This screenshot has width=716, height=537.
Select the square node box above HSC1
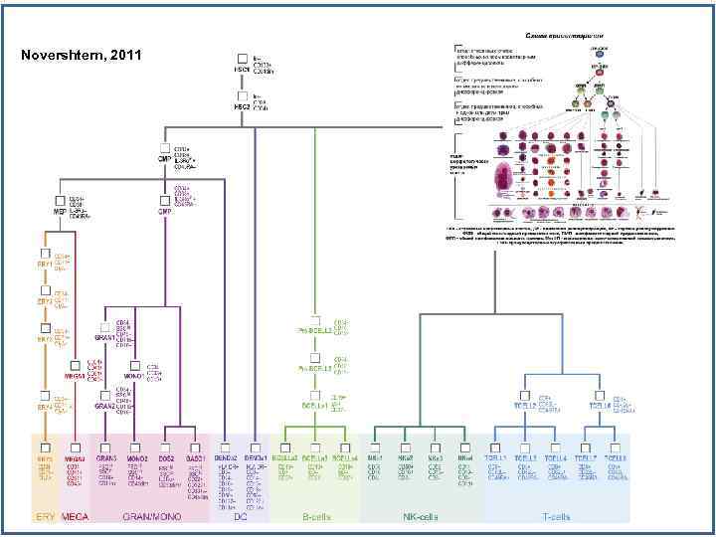[242, 58]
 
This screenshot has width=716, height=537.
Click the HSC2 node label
[241, 106]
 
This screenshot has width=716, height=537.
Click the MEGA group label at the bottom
[76, 516]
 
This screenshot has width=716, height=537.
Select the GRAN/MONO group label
[149, 516]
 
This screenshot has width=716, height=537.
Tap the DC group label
[240, 516]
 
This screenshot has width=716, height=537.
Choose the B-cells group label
[315, 516]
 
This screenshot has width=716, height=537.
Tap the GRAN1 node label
[106, 339]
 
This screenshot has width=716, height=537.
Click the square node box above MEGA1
[76, 363]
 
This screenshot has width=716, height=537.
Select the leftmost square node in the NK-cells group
[374, 447]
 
